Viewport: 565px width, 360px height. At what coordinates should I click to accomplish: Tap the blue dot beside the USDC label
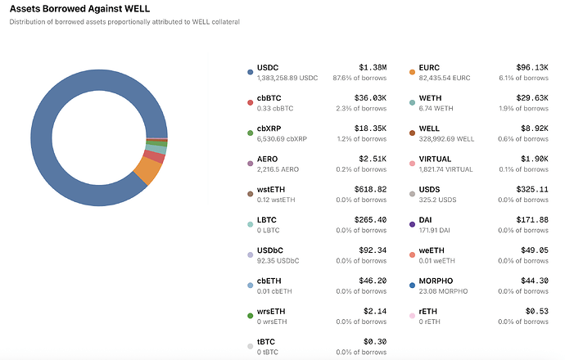point(250,72)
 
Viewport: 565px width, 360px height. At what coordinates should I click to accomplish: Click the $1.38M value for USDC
point(373,67)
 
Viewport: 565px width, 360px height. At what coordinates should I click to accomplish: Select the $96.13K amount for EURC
point(531,67)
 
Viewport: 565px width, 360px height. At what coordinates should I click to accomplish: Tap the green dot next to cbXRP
point(250,133)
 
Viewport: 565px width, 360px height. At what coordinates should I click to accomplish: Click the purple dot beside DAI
point(412,224)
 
